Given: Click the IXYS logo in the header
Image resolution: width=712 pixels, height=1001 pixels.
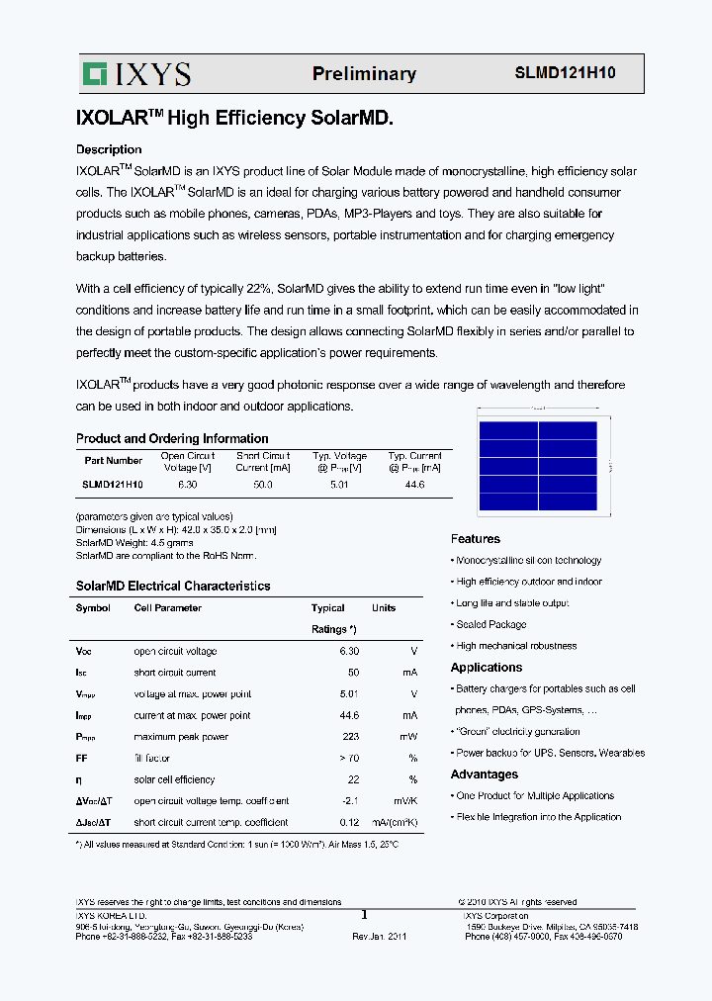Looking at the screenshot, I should click(x=137, y=73).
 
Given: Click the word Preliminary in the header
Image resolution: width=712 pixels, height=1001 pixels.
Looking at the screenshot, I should click(x=364, y=74).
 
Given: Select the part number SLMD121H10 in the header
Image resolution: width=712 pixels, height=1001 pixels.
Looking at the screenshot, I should click(x=565, y=73).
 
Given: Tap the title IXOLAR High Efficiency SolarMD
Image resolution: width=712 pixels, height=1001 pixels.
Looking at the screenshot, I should click(x=234, y=119).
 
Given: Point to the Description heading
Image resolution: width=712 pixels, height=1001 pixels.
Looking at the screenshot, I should click(x=109, y=149).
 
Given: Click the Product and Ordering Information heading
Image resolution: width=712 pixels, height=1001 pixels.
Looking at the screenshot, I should click(x=172, y=438).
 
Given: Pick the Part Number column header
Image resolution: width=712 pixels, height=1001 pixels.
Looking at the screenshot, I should click(x=113, y=461).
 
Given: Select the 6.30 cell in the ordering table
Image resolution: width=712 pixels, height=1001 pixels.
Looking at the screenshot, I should click(x=187, y=485).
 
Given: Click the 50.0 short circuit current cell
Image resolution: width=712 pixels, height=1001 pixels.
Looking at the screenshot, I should click(x=262, y=485).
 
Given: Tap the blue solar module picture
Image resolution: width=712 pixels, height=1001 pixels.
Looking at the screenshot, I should click(x=538, y=467).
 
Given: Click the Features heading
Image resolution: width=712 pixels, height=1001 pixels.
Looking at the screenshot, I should click(x=476, y=539).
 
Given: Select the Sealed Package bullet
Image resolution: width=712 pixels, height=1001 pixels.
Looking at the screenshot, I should click(x=490, y=625).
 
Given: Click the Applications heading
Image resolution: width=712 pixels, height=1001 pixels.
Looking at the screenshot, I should click(x=487, y=668).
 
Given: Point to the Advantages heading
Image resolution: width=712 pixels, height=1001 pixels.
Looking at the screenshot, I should click(x=485, y=774).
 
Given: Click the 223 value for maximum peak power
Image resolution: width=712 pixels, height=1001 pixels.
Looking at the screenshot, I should click(x=350, y=737).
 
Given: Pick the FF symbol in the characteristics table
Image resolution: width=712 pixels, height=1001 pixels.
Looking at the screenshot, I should click(x=82, y=758).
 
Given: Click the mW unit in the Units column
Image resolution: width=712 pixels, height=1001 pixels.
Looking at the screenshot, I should click(x=409, y=737).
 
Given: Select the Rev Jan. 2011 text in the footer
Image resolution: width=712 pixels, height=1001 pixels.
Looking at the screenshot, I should click(x=379, y=936).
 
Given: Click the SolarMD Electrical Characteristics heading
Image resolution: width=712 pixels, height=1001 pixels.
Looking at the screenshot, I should click(x=173, y=586).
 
